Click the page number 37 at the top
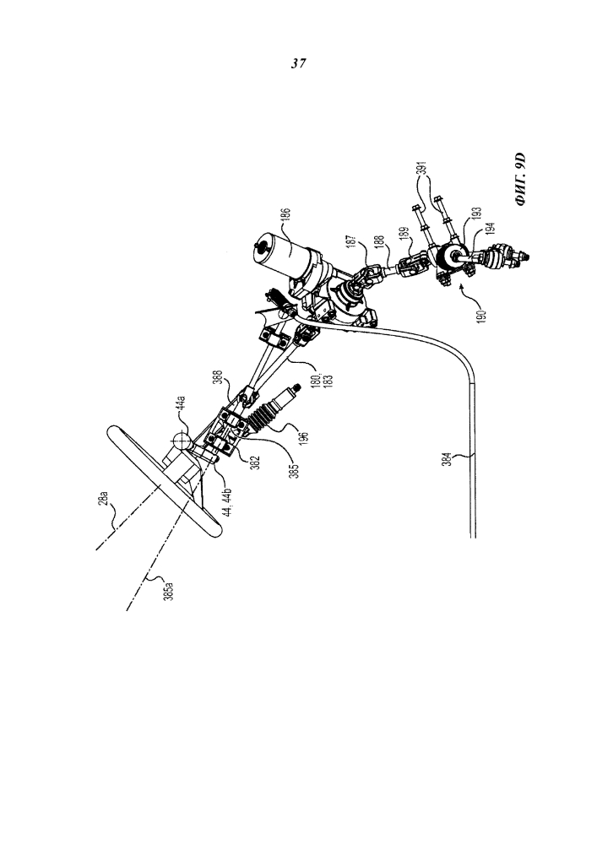298,63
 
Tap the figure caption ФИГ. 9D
519,181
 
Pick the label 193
478,216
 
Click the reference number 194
488,233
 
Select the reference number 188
381,245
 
